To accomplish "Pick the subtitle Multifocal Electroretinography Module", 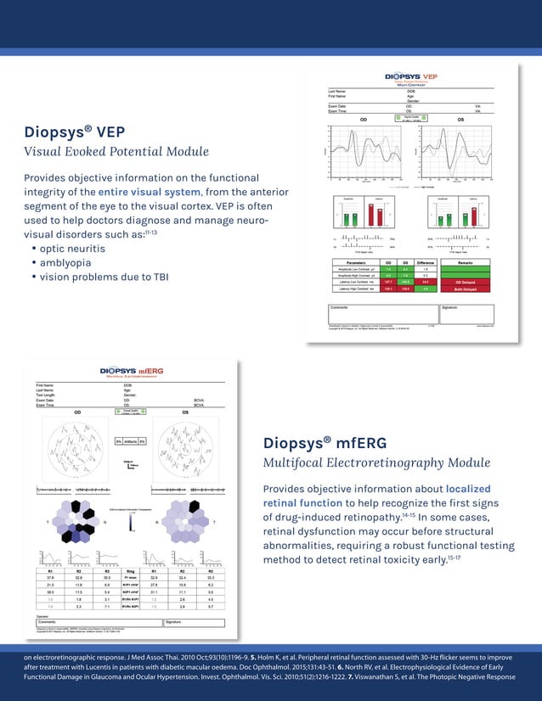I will point(376,463).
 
